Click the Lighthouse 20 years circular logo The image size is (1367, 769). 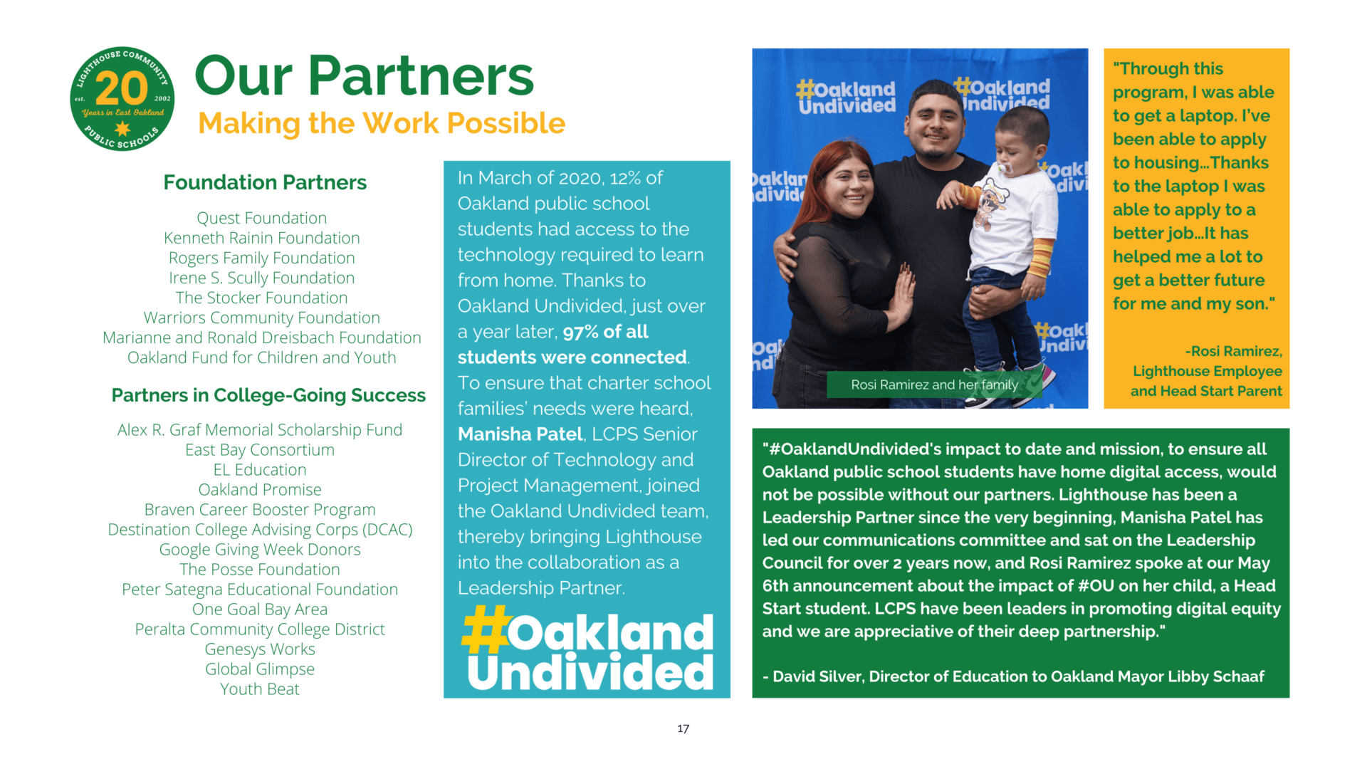tap(122, 99)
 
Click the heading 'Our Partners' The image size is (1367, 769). tap(364, 75)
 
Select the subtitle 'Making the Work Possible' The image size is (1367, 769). tap(382, 123)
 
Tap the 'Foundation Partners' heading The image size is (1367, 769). tap(265, 182)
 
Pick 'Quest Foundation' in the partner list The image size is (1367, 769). tap(262, 218)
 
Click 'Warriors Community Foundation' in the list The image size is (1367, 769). tap(262, 318)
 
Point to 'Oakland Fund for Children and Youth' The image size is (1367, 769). tap(262, 357)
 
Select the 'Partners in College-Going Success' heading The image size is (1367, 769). tap(268, 395)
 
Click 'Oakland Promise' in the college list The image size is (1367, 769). tap(260, 490)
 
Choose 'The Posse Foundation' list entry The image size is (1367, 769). tap(260, 570)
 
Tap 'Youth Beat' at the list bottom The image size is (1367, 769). tap(260, 689)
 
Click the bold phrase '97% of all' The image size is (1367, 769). tap(605, 332)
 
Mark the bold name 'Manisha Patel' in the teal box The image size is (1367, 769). tap(520, 434)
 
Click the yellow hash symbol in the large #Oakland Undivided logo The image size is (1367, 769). tap(485, 629)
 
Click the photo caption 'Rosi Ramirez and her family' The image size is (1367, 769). tap(934, 385)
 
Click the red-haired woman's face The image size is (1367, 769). tap(849, 187)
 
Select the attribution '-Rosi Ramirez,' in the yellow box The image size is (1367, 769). tap(1234, 351)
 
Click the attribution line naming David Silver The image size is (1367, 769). tap(1013, 676)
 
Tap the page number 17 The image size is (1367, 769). tap(683, 728)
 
